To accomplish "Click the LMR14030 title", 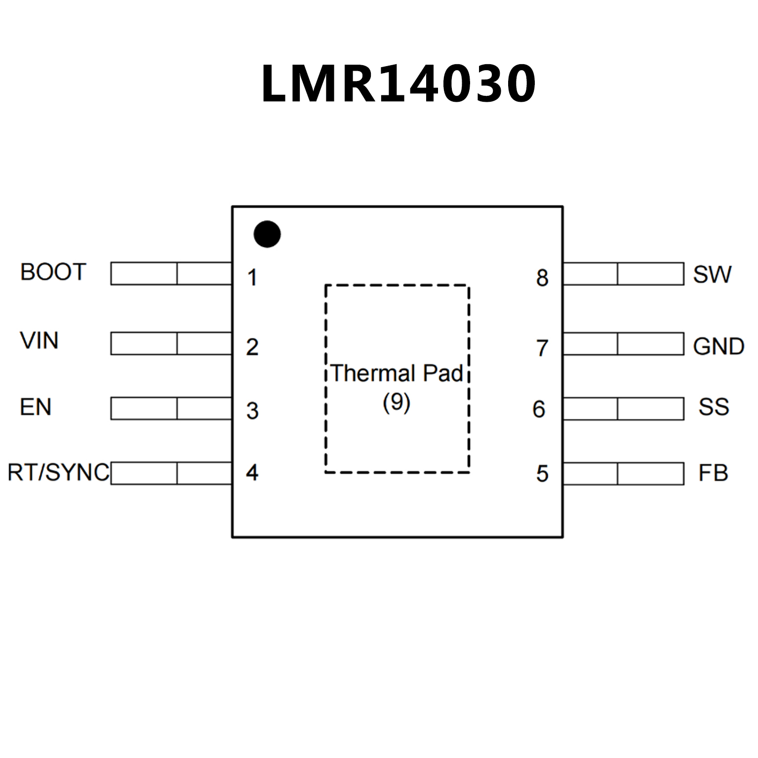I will [398, 84].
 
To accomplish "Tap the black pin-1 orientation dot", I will [267, 234].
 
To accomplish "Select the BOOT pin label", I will [53, 272].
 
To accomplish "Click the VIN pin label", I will [39, 341].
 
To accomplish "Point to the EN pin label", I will [36, 407].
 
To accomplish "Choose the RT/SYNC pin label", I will [58, 473].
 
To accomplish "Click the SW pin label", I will [712, 275].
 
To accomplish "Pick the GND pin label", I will [718, 347].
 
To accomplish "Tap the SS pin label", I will [714, 407].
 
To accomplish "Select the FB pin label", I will [713, 474].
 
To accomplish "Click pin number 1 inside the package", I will [252, 278].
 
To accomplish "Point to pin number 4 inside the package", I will [252, 473].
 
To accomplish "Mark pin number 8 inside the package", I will [542, 278].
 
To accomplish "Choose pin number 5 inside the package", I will [542, 474].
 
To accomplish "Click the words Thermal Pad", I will [397, 373].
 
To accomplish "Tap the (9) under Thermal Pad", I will [397, 402].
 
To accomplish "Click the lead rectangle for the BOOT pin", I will [171, 274].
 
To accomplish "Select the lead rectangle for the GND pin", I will [623, 344].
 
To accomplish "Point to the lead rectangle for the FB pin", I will [623, 474].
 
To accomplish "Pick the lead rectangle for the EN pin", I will [171, 408].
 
